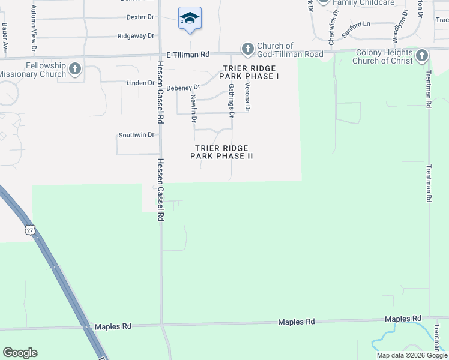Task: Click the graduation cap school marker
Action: (x=190, y=18)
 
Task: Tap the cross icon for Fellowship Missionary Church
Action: (x=75, y=69)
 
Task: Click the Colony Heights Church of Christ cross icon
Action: (x=422, y=56)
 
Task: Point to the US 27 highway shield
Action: (x=31, y=230)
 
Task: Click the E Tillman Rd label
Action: (x=188, y=53)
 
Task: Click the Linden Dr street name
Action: (x=140, y=82)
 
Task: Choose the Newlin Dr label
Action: (x=194, y=108)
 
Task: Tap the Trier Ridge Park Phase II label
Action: (x=221, y=152)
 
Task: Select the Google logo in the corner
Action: (x=20, y=353)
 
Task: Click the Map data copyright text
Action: (x=412, y=355)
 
